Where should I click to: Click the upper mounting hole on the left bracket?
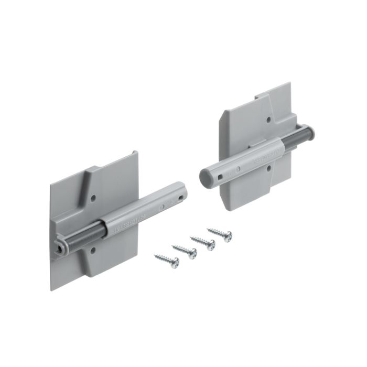(93, 199)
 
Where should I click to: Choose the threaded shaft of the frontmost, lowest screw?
(161, 258)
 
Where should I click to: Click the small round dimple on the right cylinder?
(238, 169)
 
